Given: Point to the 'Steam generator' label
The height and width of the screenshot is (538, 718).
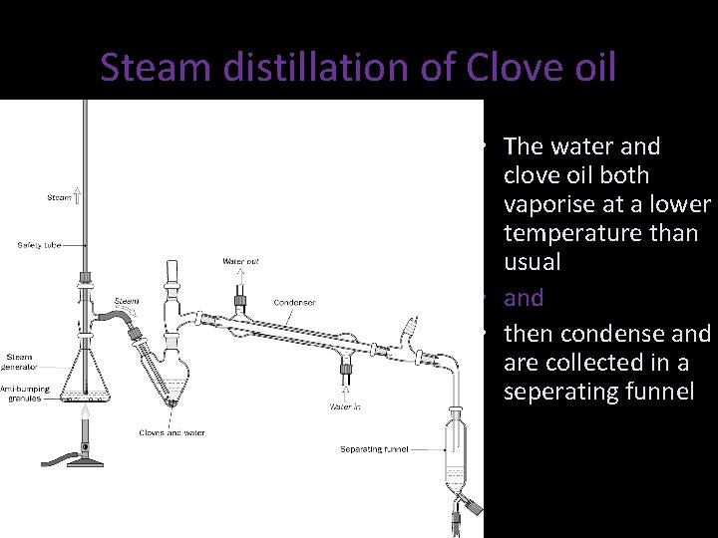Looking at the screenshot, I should tap(22, 361).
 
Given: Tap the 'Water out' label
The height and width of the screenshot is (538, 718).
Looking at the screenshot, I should tap(240, 261).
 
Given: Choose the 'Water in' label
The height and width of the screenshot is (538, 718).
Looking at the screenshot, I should tap(346, 406).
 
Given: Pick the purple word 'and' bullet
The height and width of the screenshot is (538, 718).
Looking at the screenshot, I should tap(524, 298).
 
